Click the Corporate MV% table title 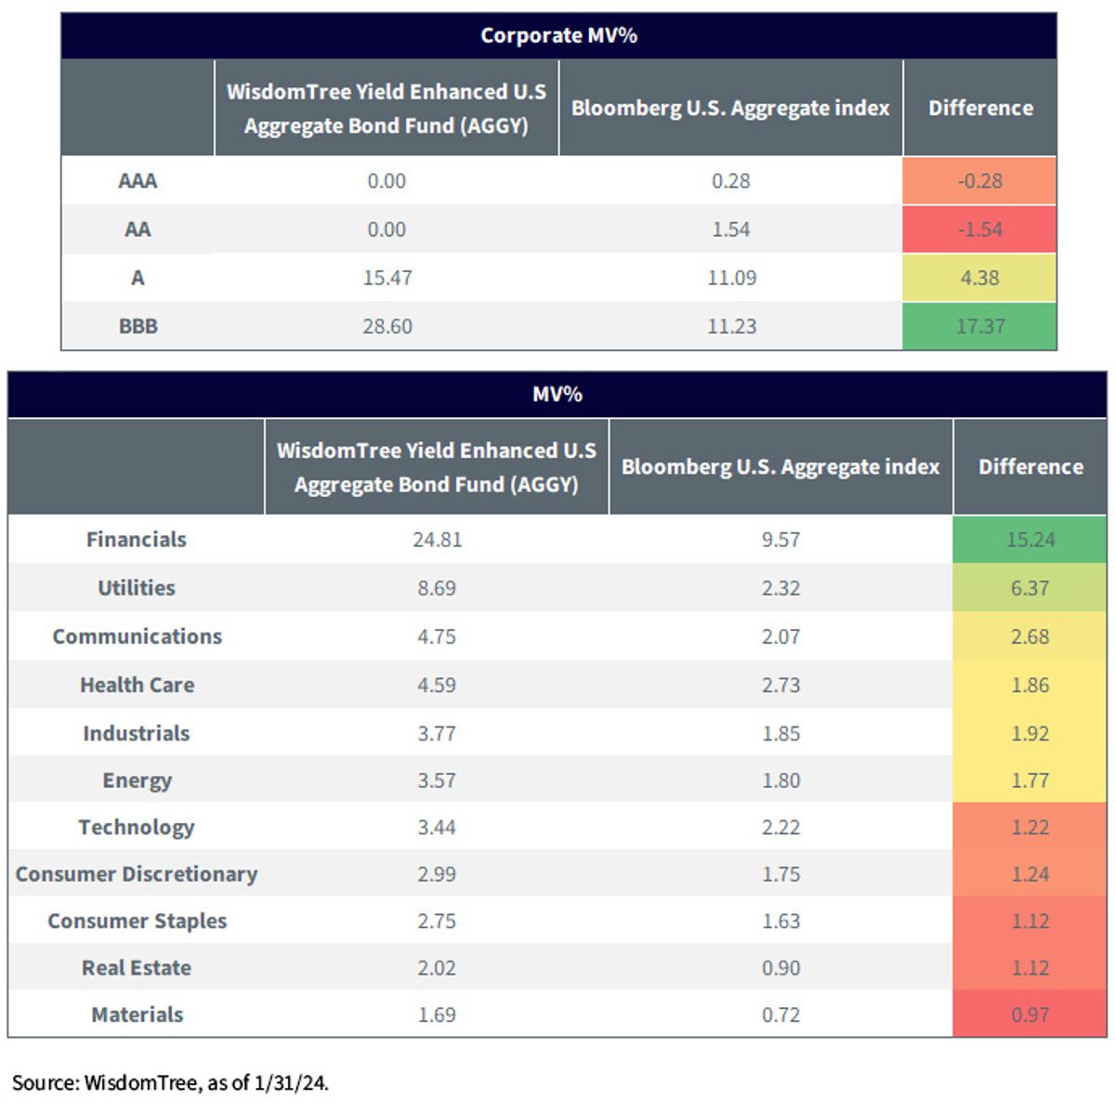coord(558,35)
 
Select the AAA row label coord(138,181)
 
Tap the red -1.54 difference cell coord(979,229)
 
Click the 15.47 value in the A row coord(387,278)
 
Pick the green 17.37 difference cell coord(979,326)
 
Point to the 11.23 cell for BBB coord(731,326)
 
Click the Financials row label coord(137,539)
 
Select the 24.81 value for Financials coord(437,539)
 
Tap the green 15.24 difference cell coord(1030,539)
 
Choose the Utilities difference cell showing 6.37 coord(1030,588)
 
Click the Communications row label coord(138,636)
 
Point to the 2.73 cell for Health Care coord(780,685)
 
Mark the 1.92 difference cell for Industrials coord(1030,734)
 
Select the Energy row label coord(138,781)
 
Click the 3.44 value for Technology coord(437,828)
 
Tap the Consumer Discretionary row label coord(137,874)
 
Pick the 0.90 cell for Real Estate coord(780,968)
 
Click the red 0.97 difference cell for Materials coord(1030,1014)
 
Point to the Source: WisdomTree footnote coord(170,1082)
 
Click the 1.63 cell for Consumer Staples coord(780,921)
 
